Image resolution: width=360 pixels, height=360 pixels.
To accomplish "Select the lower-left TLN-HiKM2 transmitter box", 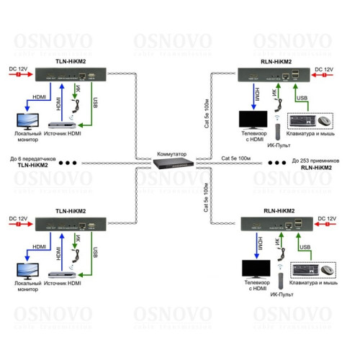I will [71, 223].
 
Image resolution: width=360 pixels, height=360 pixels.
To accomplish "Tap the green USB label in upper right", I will [302, 98].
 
